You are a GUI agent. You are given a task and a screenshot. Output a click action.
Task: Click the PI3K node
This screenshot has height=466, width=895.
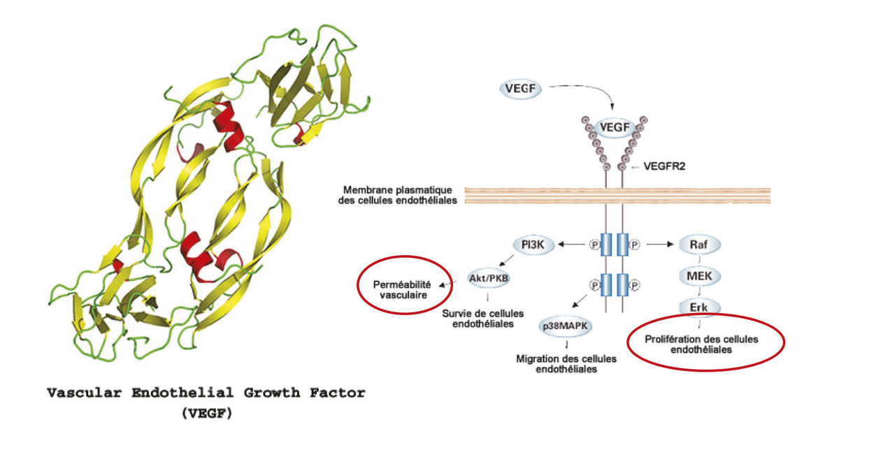click(533, 245)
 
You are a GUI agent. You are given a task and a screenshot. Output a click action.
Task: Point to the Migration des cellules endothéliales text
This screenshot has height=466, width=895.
click(566, 364)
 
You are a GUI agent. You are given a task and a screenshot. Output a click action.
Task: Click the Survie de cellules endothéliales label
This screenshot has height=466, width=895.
click(482, 319)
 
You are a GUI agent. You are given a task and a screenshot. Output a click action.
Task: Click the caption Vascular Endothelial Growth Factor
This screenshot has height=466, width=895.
click(206, 393)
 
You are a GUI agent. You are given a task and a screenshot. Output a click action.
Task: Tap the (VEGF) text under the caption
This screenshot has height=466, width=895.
click(206, 413)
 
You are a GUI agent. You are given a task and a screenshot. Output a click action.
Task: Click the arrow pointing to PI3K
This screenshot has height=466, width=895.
click(571, 245)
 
